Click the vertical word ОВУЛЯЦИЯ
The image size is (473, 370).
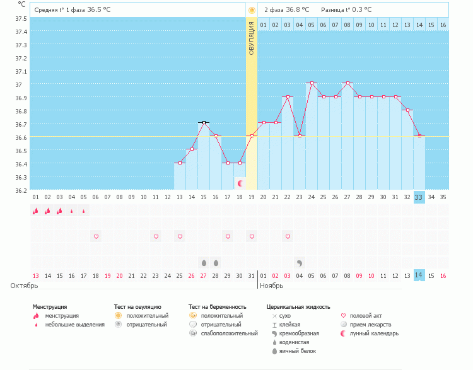click(252, 38)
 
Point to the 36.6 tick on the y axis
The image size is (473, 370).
click(21, 137)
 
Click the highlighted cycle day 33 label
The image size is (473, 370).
click(419, 197)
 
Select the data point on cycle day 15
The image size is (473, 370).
click(204, 122)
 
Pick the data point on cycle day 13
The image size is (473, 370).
click(180, 163)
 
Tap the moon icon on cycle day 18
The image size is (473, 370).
click(240, 183)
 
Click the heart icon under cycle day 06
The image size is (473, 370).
click(96, 236)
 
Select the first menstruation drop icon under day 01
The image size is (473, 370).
click(35, 211)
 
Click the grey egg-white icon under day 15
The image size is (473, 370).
click(204, 262)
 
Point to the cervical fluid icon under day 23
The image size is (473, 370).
click(300, 262)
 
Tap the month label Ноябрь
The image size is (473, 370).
click(273, 286)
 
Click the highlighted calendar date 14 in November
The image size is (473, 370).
click(419, 275)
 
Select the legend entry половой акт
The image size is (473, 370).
click(366, 315)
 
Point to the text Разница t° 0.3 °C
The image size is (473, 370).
click(346, 10)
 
